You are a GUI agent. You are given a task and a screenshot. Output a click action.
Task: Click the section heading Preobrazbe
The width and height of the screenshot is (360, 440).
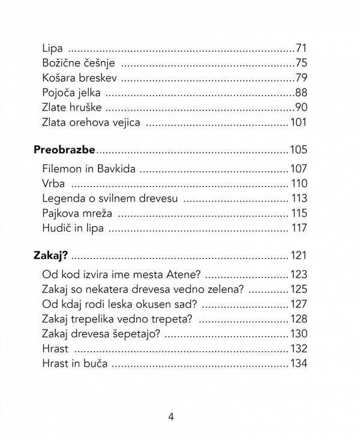(64, 149)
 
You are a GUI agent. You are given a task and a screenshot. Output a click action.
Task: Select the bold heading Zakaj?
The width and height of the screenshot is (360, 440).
(51, 256)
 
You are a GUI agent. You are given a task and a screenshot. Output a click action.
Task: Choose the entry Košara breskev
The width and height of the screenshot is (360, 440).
(80, 77)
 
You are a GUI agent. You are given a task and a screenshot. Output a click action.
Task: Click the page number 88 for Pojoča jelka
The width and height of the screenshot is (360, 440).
(300, 93)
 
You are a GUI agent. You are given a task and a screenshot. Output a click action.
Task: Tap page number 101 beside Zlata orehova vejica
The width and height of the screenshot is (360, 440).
(298, 123)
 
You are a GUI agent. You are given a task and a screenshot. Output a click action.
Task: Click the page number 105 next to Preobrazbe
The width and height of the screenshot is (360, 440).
(298, 149)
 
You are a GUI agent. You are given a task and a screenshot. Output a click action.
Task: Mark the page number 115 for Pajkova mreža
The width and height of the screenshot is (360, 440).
(298, 213)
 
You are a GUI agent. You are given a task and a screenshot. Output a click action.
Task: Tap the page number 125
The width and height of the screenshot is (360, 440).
(298, 290)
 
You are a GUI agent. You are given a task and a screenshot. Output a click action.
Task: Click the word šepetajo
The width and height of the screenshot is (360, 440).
(132, 334)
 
